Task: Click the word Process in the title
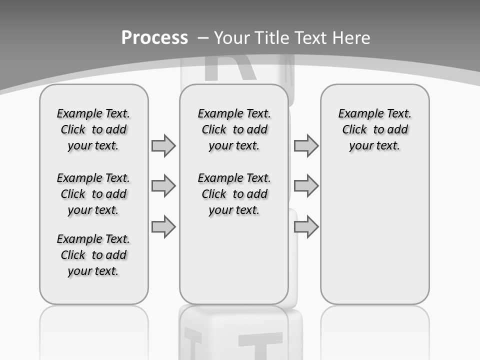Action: coord(154,37)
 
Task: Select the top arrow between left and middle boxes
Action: coord(163,145)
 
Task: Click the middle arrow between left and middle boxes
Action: coord(163,186)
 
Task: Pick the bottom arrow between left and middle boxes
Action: coord(163,226)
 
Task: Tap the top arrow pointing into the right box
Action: coord(306,145)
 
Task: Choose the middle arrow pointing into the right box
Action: coord(306,186)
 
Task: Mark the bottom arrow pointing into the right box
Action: coord(306,226)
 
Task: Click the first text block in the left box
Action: coord(93,129)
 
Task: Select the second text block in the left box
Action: coord(93,194)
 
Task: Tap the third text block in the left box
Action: coord(93,255)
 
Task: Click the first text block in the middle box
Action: coord(234,129)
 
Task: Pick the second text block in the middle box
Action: coord(234,194)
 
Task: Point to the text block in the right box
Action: coord(374,129)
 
